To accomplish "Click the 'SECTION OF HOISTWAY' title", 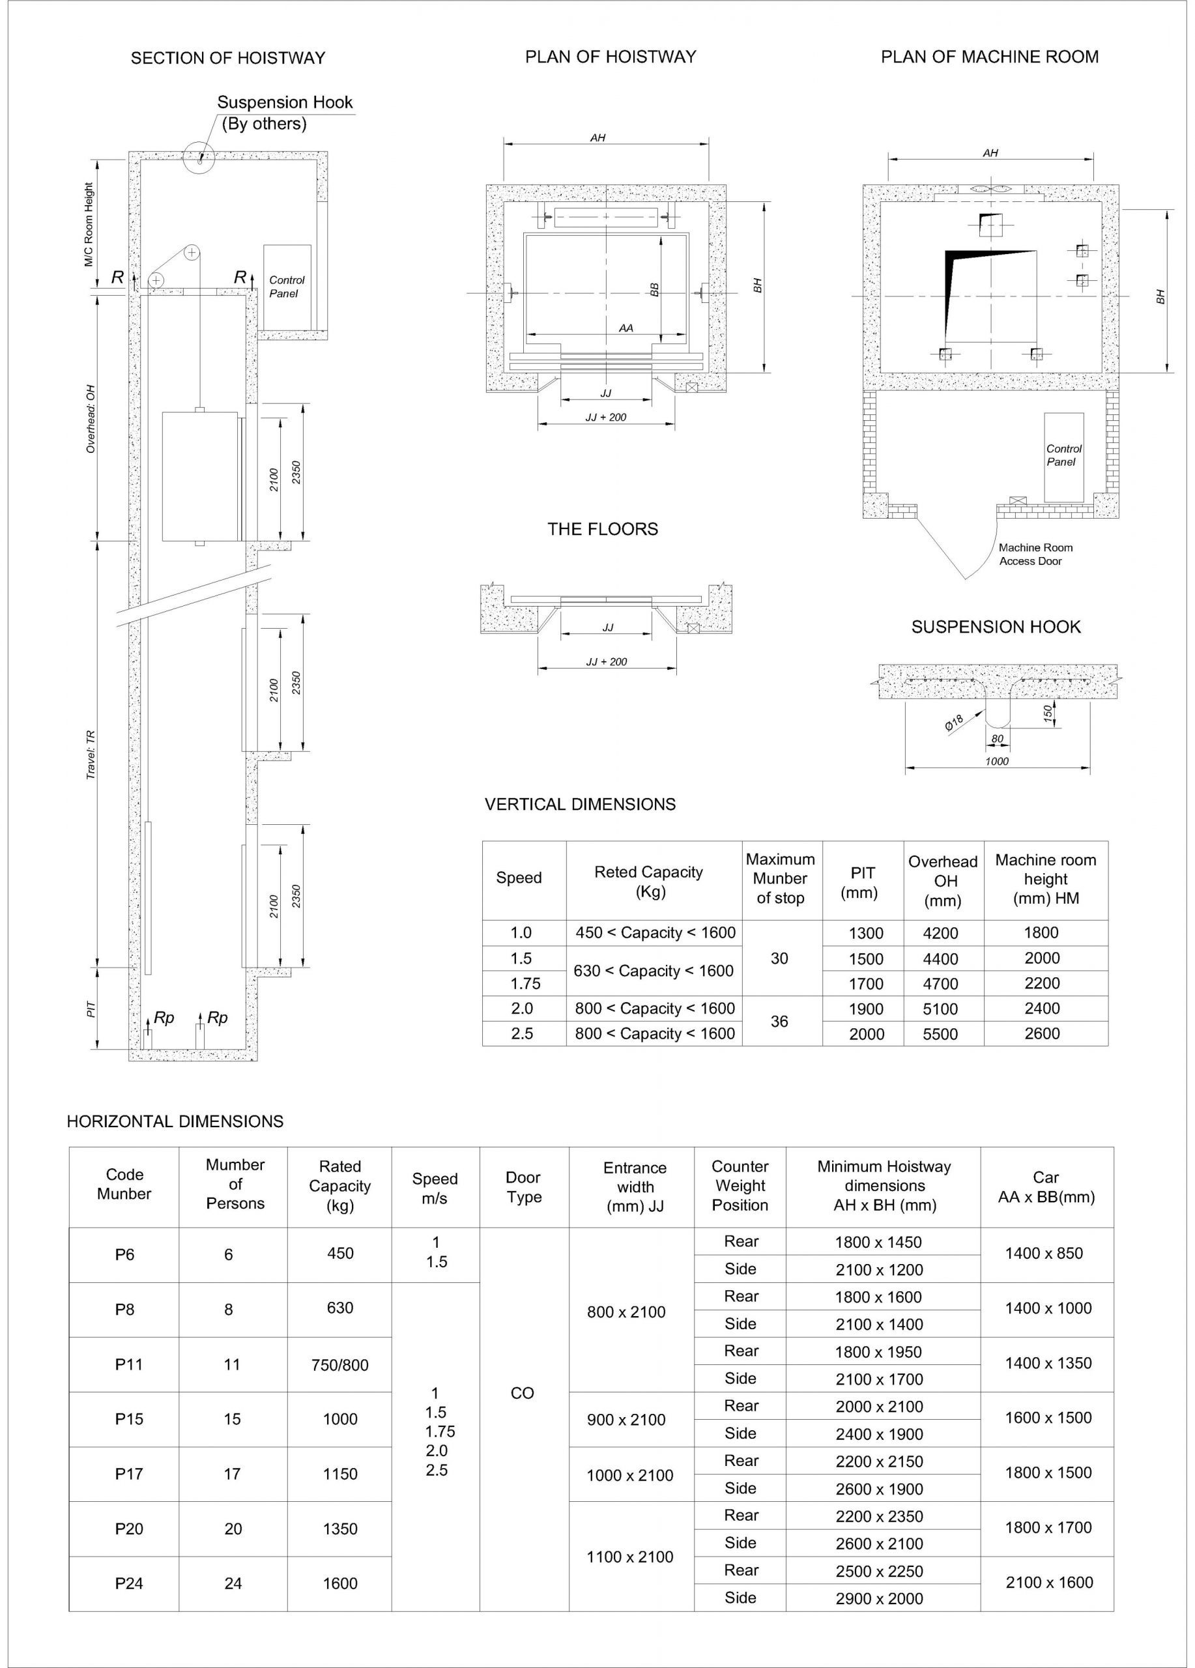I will pyautogui.click(x=227, y=58).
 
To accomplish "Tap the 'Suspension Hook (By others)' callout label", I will pyautogui.click(x=284, y=113).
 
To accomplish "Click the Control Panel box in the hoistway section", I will pyautogui.click(x=287, y=287).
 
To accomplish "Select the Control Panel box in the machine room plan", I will pyautogui.click(x=1063, y=456).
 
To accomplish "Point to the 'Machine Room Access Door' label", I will pyautogui.click(x=1035, y=554).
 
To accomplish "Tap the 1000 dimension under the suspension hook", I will pyautogui.click(x=996, y=761).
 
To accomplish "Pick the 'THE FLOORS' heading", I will pyautogui.click(x=602, y=529).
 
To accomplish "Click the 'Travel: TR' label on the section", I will pyautogui.click(x=91, y=755).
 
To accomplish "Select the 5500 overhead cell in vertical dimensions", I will pyautogui.click(x=940, y=1034).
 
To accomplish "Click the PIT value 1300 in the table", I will pyautogui.click(x=865, y=933).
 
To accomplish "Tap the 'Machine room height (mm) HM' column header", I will pyautogui.click(x=1045, y=879).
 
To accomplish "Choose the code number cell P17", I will pyautogui.click(x=129, y=1474).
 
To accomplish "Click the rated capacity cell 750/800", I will pyautogui.click(x=339, y=1365).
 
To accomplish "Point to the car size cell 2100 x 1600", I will pyautogui.click(x=1048, y=1583).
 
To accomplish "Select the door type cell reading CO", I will pyautogui.click(x=522, y=1393).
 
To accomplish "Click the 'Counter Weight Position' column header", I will pyautogui.click(x=740, y=1186).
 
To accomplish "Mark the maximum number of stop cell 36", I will pyautogui.click(x=779, y=1021).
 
